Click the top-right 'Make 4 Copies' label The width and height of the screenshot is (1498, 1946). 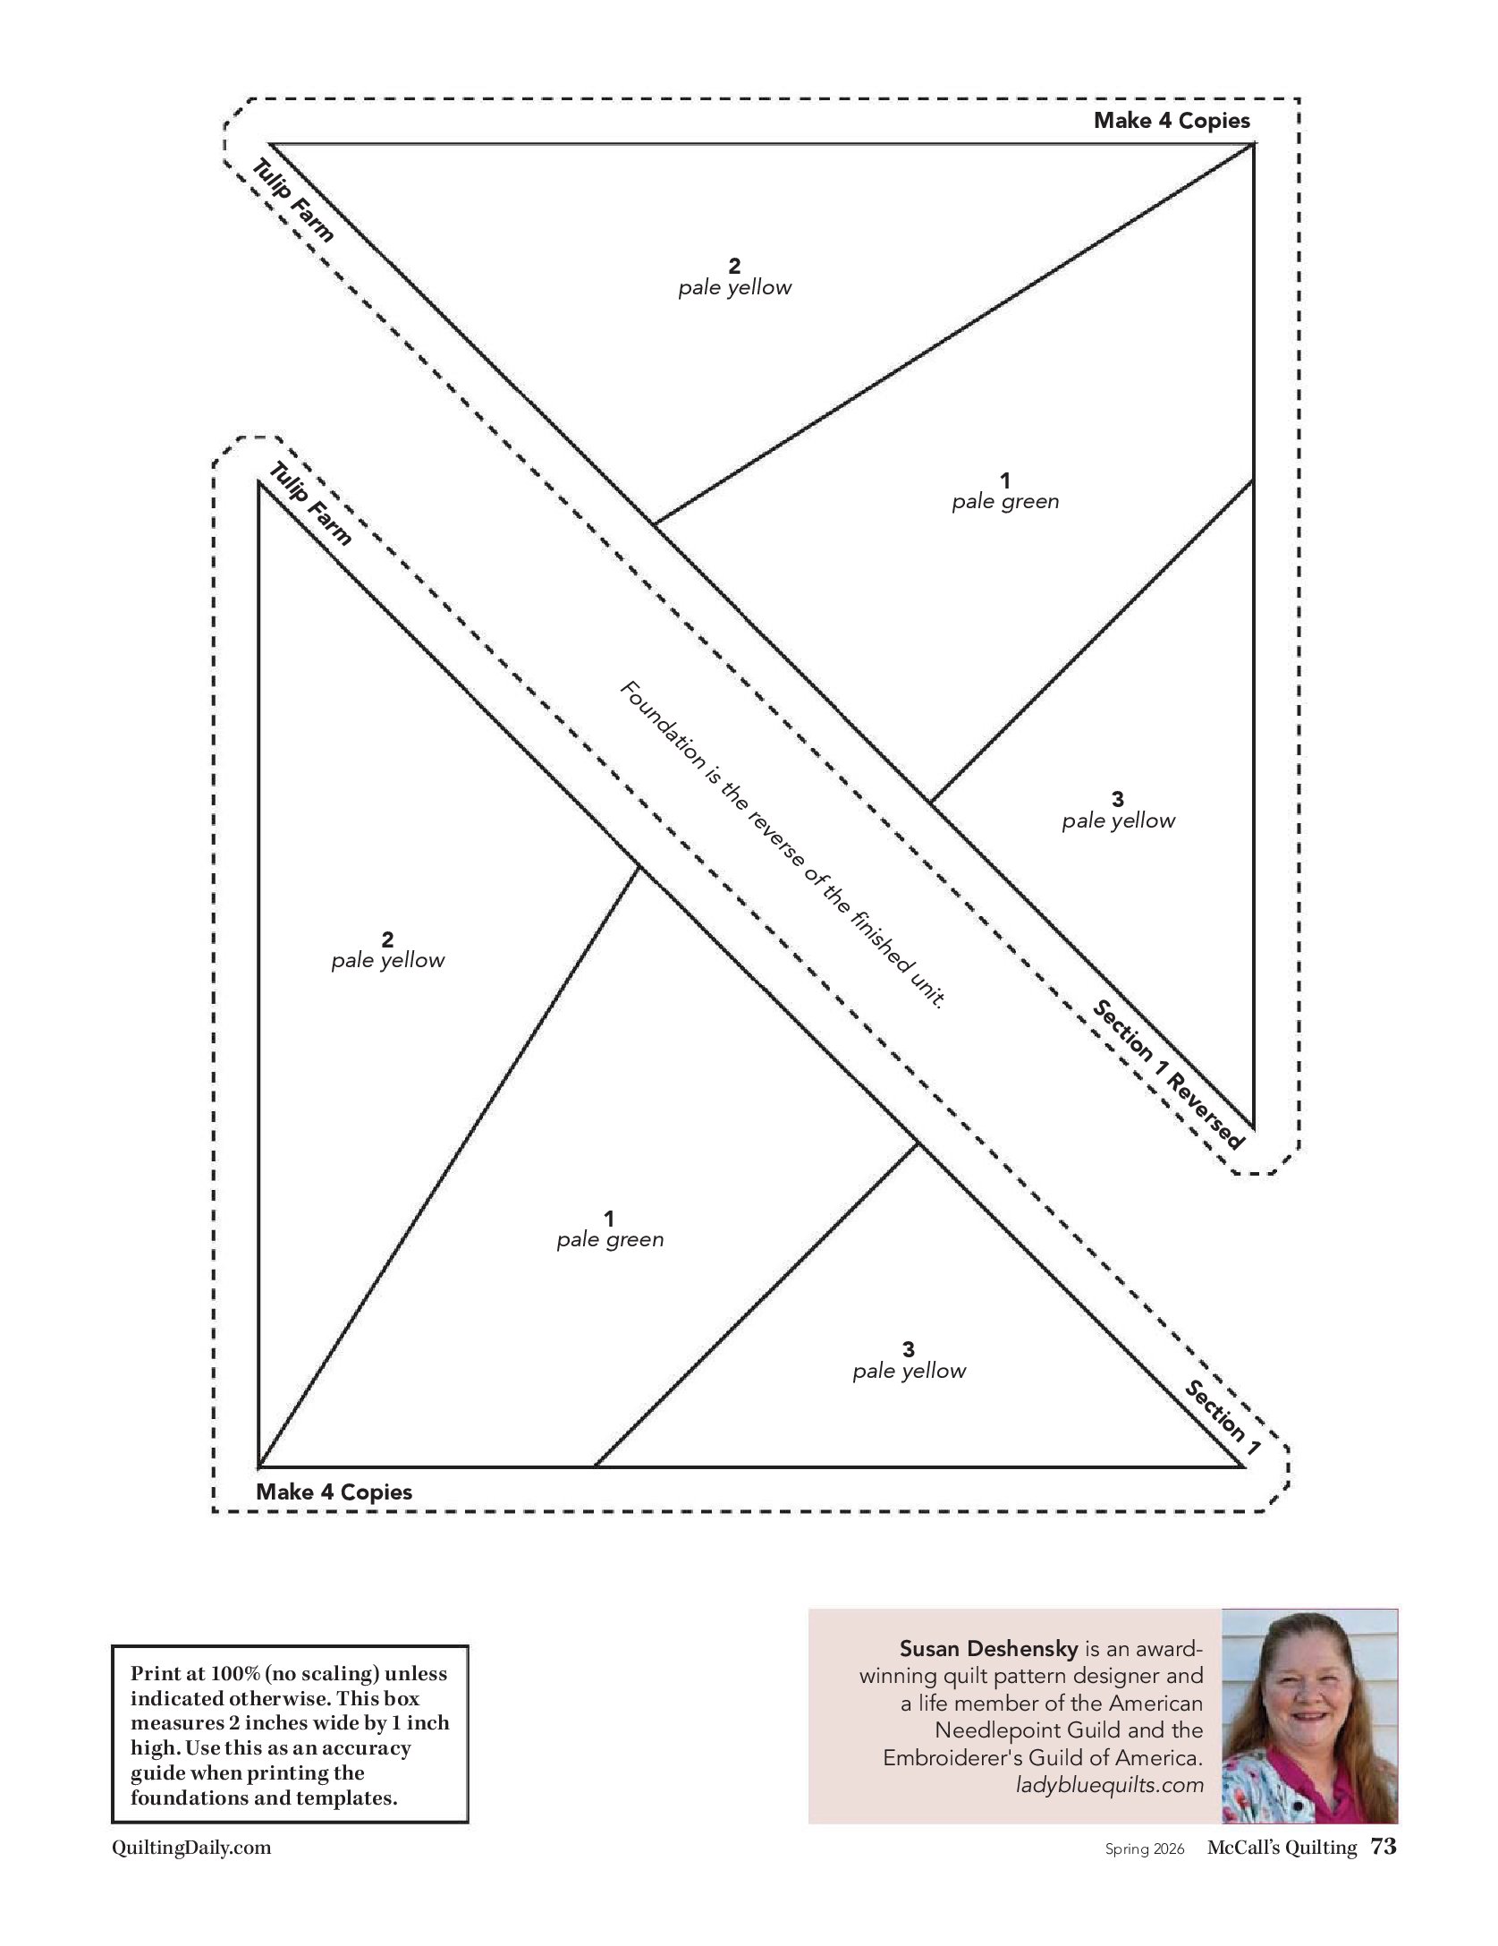point(1172,121)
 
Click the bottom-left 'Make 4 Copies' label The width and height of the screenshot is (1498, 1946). point(334,1491)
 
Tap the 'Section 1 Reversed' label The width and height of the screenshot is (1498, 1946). point(1168,1074)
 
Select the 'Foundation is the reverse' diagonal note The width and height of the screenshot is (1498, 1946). point(782,845)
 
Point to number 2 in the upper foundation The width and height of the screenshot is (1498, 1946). point(734,266)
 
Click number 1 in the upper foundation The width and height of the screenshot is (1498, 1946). point(1005,480)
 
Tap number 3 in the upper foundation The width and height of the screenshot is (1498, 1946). point(1117,799)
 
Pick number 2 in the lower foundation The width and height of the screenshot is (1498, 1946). point(387,939)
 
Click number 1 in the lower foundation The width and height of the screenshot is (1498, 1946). point(609,1219)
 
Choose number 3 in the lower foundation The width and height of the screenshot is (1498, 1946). point(909,1349)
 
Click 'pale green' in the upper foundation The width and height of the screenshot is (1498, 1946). point(1005,502)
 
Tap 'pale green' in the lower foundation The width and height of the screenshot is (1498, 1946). point(610,1240)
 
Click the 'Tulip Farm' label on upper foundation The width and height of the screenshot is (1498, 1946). point(294,200)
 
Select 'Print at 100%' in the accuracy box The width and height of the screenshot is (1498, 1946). point(190,1673)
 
